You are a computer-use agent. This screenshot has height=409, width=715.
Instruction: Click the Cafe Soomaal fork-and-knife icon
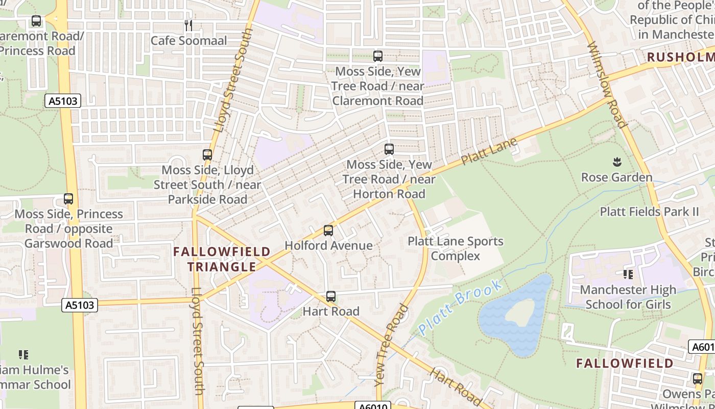188,25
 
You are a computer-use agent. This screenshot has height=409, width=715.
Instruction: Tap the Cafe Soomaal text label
188,40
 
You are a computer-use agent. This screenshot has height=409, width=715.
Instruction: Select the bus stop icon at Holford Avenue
328,231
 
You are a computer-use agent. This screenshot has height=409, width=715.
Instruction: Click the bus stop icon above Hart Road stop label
331,297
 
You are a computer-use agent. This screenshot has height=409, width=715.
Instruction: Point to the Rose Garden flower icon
616,163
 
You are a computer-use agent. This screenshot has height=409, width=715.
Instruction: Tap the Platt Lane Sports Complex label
455,248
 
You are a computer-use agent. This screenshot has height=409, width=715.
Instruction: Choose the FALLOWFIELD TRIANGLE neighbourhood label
222,259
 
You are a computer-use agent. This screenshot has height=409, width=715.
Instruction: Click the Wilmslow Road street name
607,84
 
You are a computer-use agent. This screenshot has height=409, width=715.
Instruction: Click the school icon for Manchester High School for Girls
628,275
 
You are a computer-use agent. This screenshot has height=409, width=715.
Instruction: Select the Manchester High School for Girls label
628,297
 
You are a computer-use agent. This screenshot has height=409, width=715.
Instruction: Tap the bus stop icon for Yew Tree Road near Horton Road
389,149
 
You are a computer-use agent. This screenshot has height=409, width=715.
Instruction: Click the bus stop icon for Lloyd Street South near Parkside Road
207,154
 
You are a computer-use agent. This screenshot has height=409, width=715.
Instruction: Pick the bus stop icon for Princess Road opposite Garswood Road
68,199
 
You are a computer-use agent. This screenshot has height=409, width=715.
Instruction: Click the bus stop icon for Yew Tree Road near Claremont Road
378,56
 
